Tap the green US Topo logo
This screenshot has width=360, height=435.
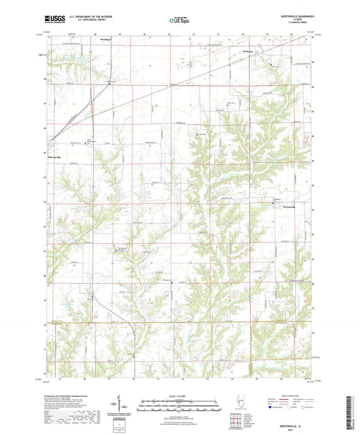click(180, 21)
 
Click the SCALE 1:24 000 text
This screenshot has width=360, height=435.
click(180, 396)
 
